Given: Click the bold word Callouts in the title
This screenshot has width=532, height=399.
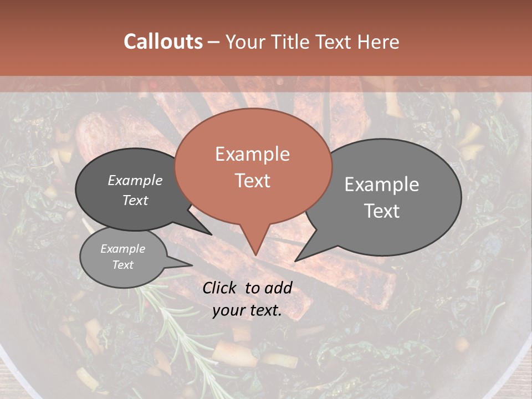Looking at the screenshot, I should pyautogui.click(x=163, y=42).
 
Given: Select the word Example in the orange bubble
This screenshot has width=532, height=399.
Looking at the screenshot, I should pyautogui.click(x=252, y=154).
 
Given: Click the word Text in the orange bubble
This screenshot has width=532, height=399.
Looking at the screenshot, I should pyautogui.click(x=252, y=181).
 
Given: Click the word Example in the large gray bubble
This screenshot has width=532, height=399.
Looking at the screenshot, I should pyautogui.click(x=382, y=185).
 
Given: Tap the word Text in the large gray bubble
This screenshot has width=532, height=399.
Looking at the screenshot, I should pyautogui.click(x=382, y=211).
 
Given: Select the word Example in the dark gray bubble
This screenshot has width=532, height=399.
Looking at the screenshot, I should pyautogui.click(x=135, y=180).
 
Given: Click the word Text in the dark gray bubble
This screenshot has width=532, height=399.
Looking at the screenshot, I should pyautogui.click(x=135, y=200).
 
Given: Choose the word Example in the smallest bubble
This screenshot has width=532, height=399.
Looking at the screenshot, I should pyautogui.click(x=122, y=249).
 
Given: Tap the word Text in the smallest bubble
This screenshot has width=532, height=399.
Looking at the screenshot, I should pyautogui.click(x=122, y=265).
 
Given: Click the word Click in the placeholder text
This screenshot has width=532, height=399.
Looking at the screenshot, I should pyautogui.click(x=221, y=288).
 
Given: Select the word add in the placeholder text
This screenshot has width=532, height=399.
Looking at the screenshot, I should pyautogui.click(x=278, y=288).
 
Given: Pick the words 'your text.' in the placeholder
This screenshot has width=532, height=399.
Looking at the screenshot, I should pyautogui.click(x=247, y=310).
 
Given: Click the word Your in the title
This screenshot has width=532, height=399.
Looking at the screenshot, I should pyautogui.click(x=247, y=42).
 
